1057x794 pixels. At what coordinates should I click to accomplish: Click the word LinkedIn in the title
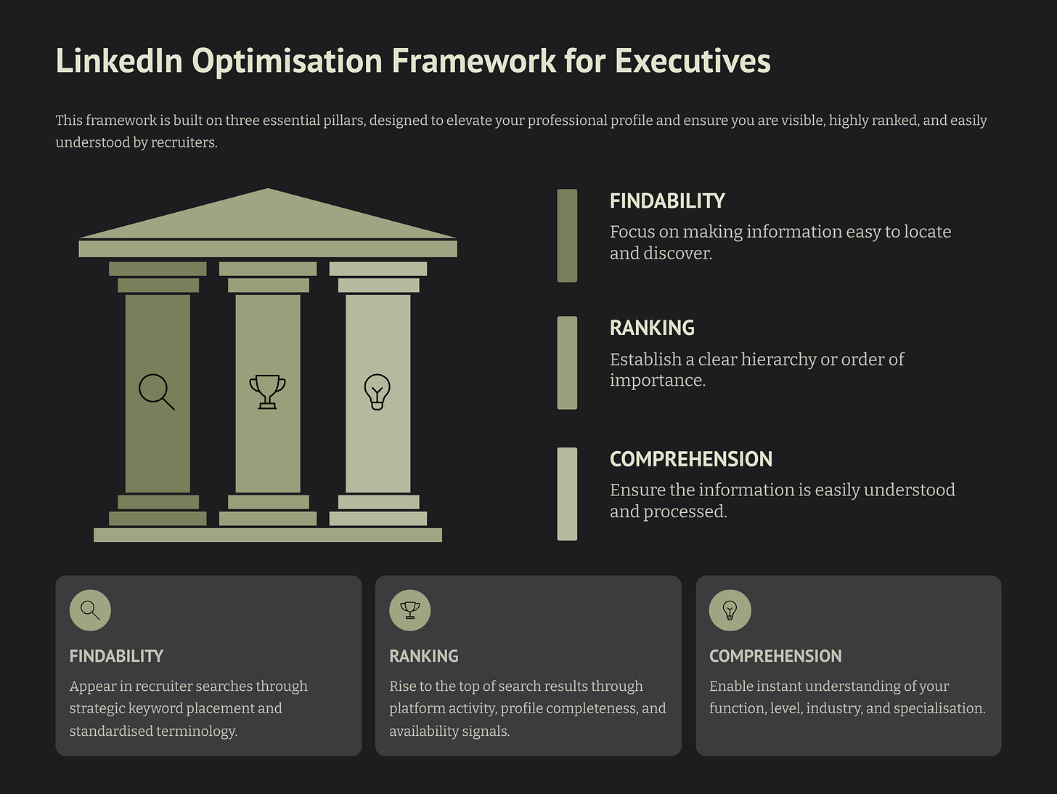[x=118, y=61]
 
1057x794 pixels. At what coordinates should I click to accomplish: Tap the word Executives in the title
[x=693, y=61]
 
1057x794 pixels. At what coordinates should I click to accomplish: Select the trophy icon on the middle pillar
[x=267, y=392]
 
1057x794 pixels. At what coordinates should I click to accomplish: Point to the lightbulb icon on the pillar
[x=377, y=392]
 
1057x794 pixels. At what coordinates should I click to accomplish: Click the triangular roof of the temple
[x=268, y=217]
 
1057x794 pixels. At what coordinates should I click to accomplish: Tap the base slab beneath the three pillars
[x=268, y=535]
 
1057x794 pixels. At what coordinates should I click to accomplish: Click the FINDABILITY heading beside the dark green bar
[x=667, y=201]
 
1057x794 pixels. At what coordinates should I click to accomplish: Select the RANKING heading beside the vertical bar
[x=652, y=328]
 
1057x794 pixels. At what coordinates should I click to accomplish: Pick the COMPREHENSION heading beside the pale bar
[x=690, y=459]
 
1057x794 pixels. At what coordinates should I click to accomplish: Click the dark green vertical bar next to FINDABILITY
[x=567, y=235]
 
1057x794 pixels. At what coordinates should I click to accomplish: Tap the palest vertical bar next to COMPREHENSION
[x=567, y=494]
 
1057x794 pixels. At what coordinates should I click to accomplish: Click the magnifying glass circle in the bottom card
[x=90, y=610]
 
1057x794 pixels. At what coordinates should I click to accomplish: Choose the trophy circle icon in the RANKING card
[x=410, y=610]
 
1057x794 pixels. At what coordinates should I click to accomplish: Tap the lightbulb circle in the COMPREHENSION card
[x=730, y=610]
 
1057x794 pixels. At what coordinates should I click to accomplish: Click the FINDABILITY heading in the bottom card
[x=116, y=656]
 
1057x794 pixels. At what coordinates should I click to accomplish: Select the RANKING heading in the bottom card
[x=424, y=656]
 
